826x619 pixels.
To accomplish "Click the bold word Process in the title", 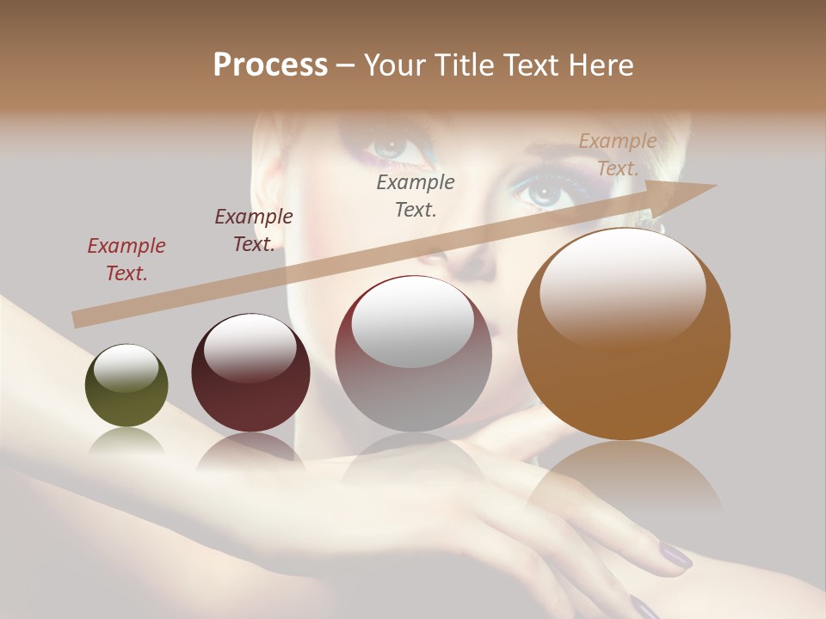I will (270, 65).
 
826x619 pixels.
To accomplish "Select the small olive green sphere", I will (126, 386).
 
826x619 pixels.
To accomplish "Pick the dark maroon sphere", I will (250, 373).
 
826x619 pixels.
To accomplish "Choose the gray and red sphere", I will (413, 354).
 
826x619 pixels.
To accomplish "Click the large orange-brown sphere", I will (624, 334).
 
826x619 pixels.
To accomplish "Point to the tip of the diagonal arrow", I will (715, 186).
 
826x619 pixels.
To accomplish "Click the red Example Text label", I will (126, 260).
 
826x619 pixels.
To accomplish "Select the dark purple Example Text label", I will (254, 230).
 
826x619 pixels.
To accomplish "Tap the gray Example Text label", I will (416, 195).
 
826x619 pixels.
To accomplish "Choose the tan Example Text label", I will (618, 155).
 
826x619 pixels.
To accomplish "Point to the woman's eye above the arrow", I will (539, 191).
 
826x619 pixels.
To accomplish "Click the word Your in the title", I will (393, 65).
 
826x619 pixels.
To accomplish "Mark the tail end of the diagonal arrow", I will (77, 320).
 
